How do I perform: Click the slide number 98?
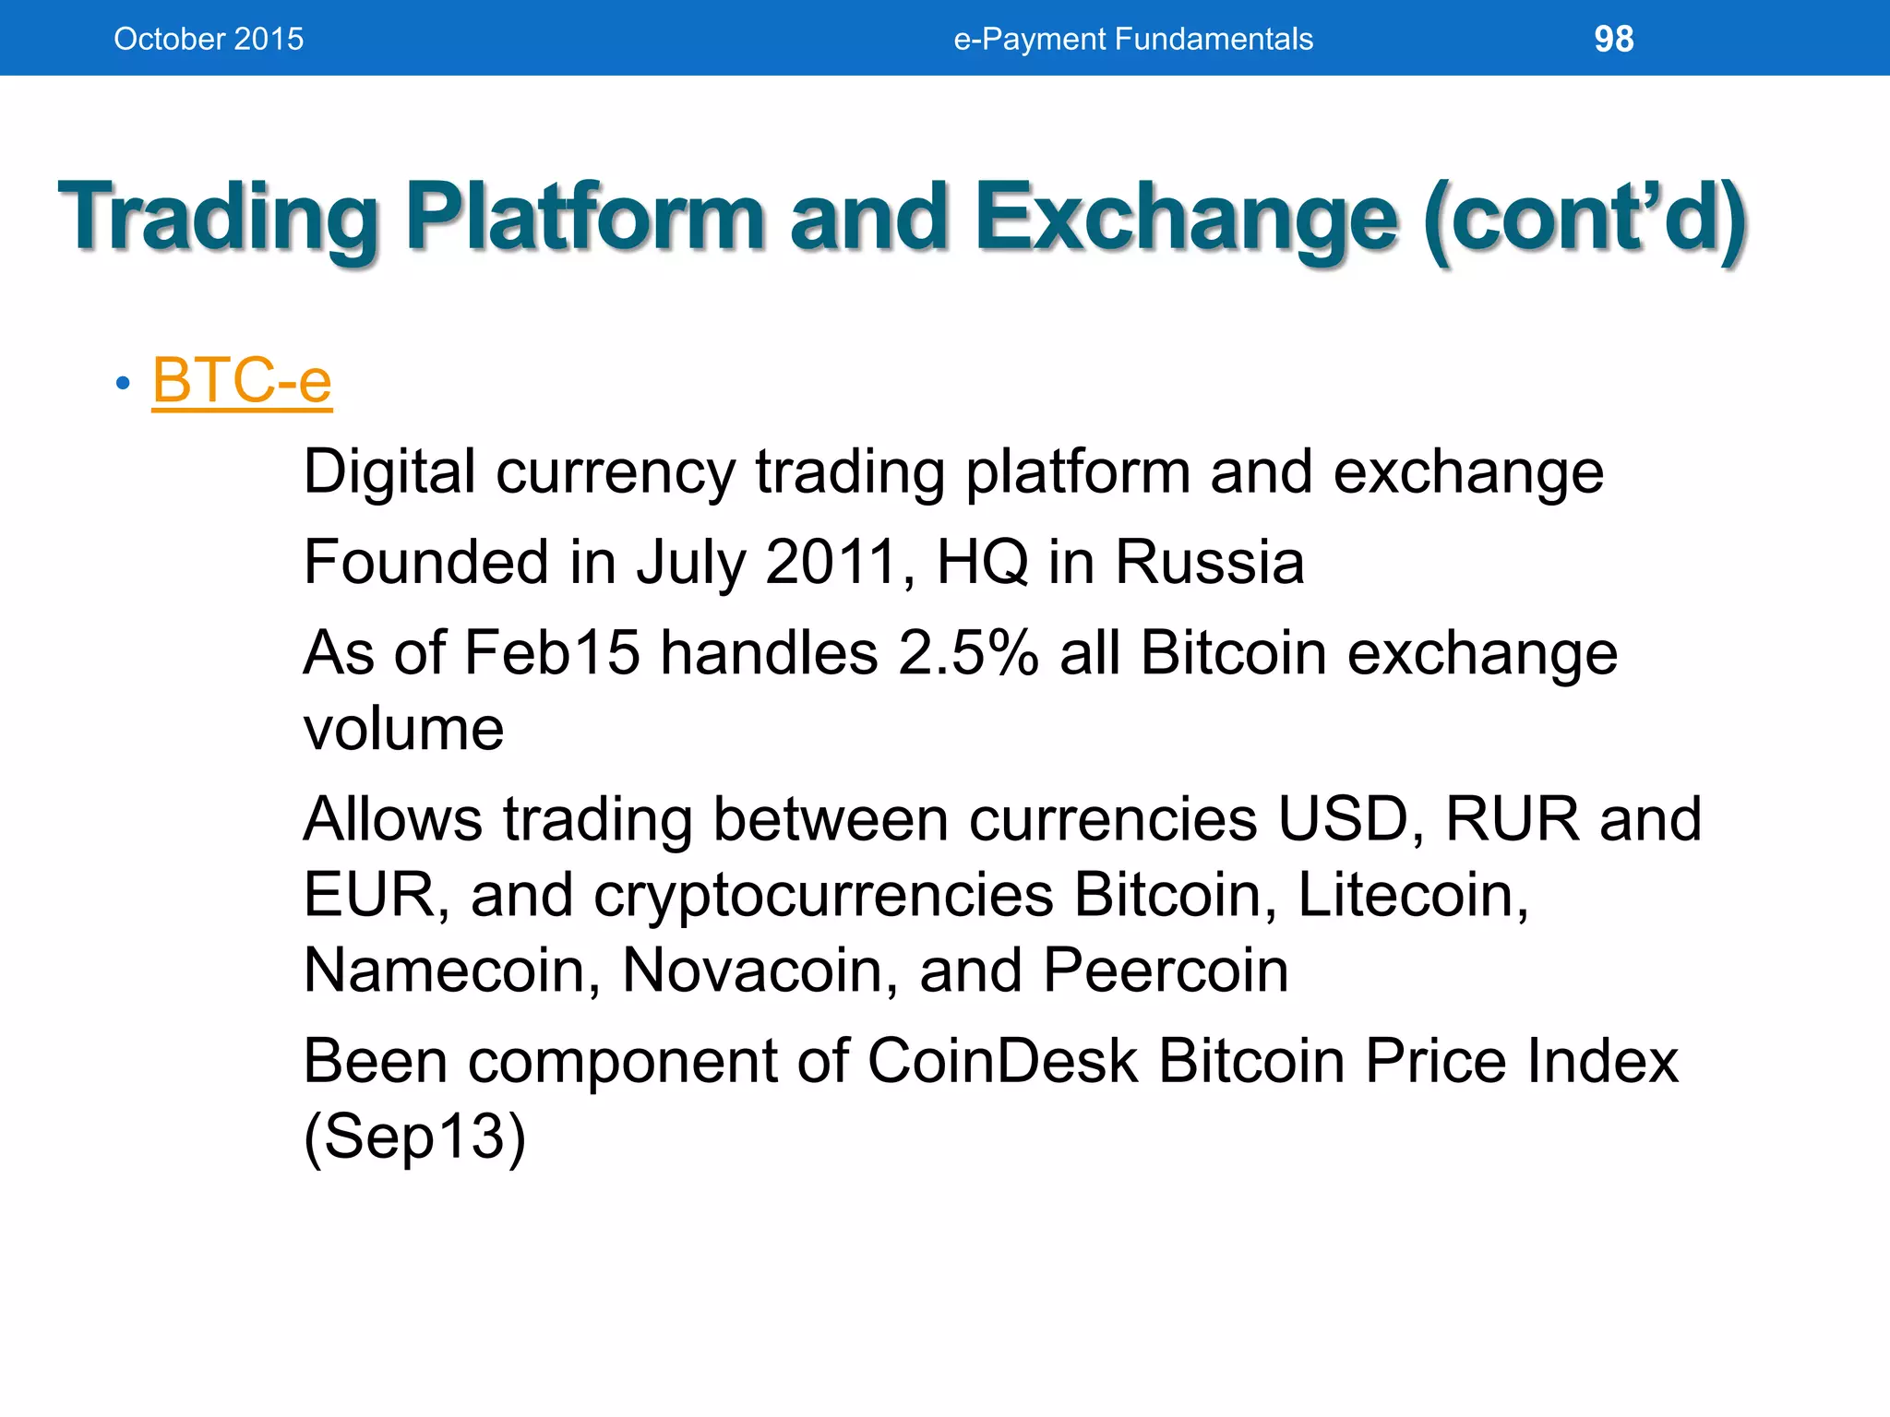tap(1613, 39)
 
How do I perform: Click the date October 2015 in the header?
tap(209, 39)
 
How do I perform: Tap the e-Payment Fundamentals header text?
tap(1132, 39)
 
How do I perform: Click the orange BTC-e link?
tap(242, 380)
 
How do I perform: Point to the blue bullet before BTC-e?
tap(123, 383)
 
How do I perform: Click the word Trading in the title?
tap(218, 218)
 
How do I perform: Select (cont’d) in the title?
tap(1585, 218)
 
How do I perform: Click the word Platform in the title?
tap(585, 218)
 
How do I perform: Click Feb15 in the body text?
tap(551, 653)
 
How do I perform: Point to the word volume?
tap(403, 729)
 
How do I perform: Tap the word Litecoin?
tap(1413, 895)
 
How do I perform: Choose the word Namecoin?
tap(452, 970)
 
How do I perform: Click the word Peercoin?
tap(1165, 970)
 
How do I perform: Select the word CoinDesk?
tap(1001, 1061)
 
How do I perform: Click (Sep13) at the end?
tap(414, 1137)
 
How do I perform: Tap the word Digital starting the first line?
tap(389, 472)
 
